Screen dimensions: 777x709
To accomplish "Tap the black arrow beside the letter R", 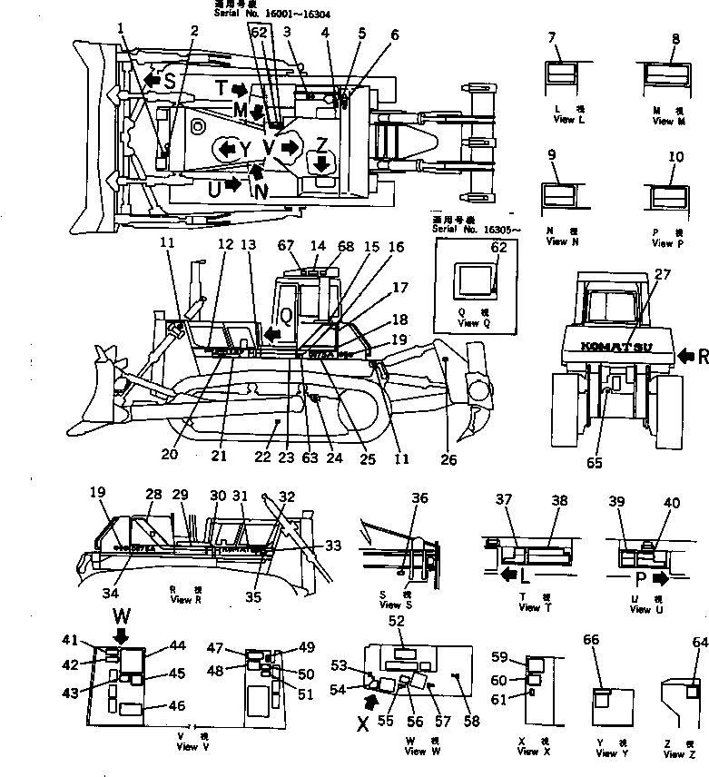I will tap(685, 355).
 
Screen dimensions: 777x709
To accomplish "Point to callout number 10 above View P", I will tap(675, 158).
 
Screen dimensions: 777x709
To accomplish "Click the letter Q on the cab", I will tap(284, 313).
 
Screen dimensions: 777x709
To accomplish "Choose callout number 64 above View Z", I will tap(699, 643).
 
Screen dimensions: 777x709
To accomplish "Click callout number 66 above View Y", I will tap(592, 640).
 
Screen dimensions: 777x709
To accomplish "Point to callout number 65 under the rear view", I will tap(595, 463).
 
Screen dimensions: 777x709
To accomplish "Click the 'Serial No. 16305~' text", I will tap(465, 231).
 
